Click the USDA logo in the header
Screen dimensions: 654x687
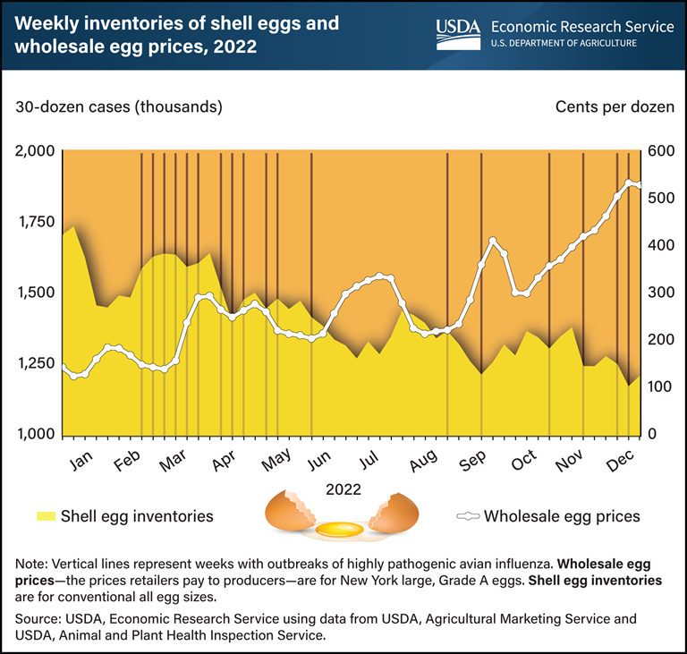click(x=458, y=31)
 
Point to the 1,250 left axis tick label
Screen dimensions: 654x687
click(x=32, y=363)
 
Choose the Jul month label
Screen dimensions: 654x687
click(x=368, y=460)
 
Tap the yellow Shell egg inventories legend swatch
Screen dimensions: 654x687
click(x=46, y=515)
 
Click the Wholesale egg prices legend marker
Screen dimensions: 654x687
click(x=470, y=515)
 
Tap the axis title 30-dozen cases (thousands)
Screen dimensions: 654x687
click(x=117, y=107)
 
